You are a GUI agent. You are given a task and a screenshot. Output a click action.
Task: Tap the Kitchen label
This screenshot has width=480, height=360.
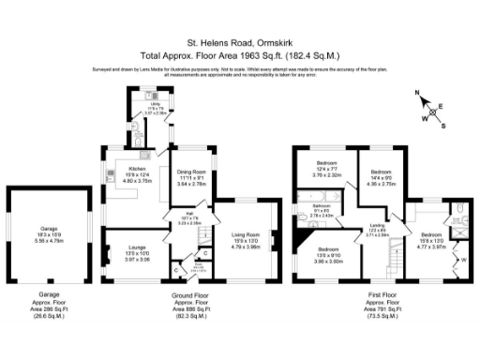pos(138,170)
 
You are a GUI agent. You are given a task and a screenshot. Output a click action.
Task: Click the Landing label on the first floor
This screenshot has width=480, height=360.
pos(378,225)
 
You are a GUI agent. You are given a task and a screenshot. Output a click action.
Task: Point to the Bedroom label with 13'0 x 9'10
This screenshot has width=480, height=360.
pos(330,249)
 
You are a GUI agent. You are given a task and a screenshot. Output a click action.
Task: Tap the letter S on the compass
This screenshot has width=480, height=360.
pos(443,126)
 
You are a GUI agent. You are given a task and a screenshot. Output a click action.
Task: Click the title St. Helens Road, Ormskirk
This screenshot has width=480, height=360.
pos(239,42)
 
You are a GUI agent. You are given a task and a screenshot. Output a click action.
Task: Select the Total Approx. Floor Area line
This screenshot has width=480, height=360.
pos(239,55)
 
